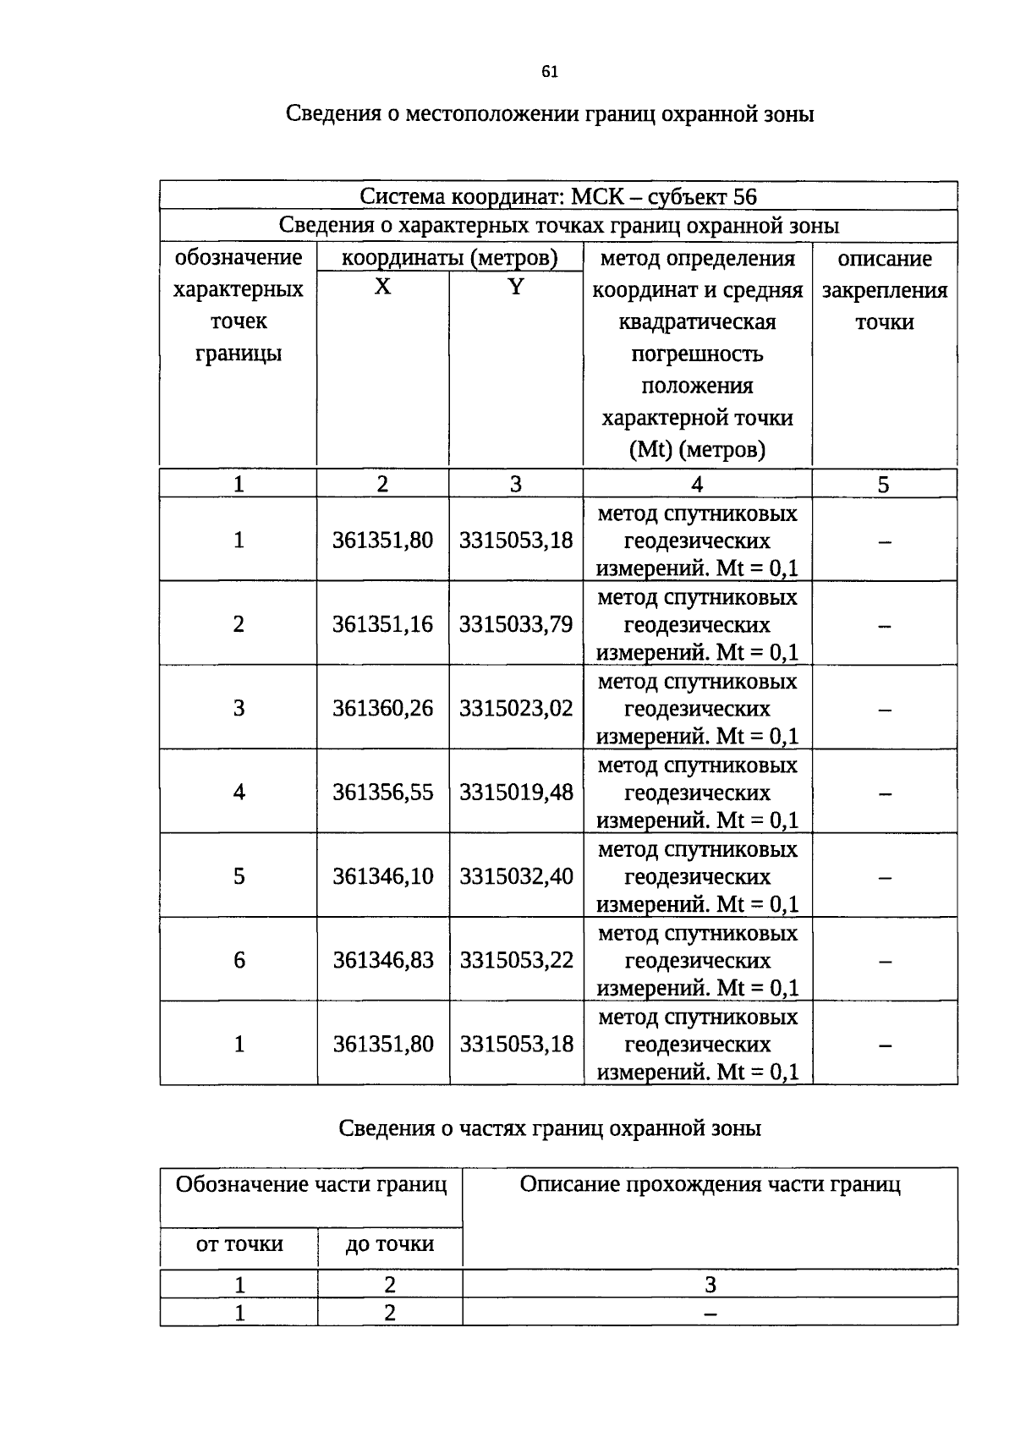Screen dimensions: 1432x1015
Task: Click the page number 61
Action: (550, 72)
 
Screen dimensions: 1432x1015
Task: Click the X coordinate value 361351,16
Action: (382, 624)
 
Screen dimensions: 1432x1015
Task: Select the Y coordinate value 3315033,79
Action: (516, 624)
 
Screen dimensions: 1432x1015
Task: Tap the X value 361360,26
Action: (382, 708)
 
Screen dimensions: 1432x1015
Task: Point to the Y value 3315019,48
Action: (516, 793)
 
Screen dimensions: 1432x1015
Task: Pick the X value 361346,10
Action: (382, 876)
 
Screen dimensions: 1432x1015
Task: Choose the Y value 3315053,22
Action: (516, 960)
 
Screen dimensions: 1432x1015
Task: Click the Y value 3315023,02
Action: (516, 708)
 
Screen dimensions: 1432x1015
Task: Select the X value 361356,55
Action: (382, 793)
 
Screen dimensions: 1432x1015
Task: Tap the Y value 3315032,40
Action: (516, 876)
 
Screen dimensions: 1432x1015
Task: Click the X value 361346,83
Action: (382, 960)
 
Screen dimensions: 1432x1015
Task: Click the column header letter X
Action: (383, 288)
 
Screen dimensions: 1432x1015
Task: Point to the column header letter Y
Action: (516, 288)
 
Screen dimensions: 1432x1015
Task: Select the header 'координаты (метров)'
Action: (449, 258)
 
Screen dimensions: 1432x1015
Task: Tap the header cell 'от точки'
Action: (239, 1244)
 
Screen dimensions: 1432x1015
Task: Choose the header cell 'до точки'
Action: (390, 1244)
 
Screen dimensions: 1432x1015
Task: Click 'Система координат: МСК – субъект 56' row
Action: (558, 196)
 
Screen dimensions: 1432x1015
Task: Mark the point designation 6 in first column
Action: (239, 960)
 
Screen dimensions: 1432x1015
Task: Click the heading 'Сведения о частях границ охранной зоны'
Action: (550, 1128)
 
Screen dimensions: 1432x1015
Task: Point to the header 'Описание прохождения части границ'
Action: (710, 1185)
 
